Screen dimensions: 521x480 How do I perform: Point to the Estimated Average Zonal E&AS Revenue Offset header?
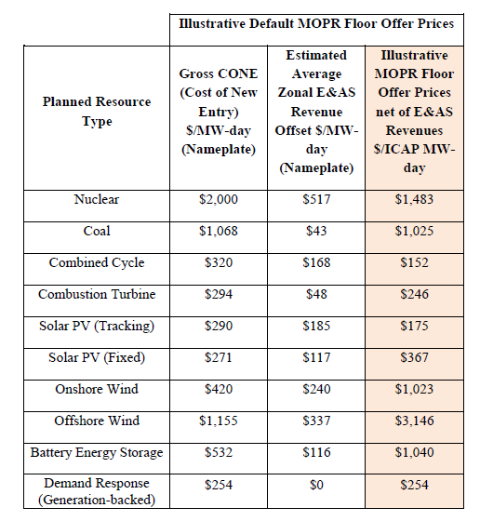pos(316,112)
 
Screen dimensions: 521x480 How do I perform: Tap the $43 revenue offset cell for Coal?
pos(316,232)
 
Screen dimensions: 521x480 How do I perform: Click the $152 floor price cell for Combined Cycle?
pos(415,263)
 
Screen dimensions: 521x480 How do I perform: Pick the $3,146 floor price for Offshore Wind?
pos(415,421)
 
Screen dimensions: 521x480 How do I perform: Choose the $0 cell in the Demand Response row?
pos(316,486)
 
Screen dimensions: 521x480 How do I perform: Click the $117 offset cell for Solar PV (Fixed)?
pos(316,358)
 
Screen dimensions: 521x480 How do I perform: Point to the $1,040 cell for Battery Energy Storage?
pos(415,453)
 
